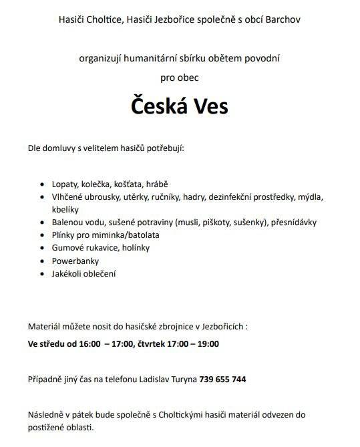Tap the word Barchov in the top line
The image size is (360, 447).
[x=282, y=19]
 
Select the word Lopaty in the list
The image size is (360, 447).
[x=64, y=184]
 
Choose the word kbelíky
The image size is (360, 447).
[x=65, y=208]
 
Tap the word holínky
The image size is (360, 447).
[x=135, y=248]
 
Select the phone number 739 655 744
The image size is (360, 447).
[x=222, y=379]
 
